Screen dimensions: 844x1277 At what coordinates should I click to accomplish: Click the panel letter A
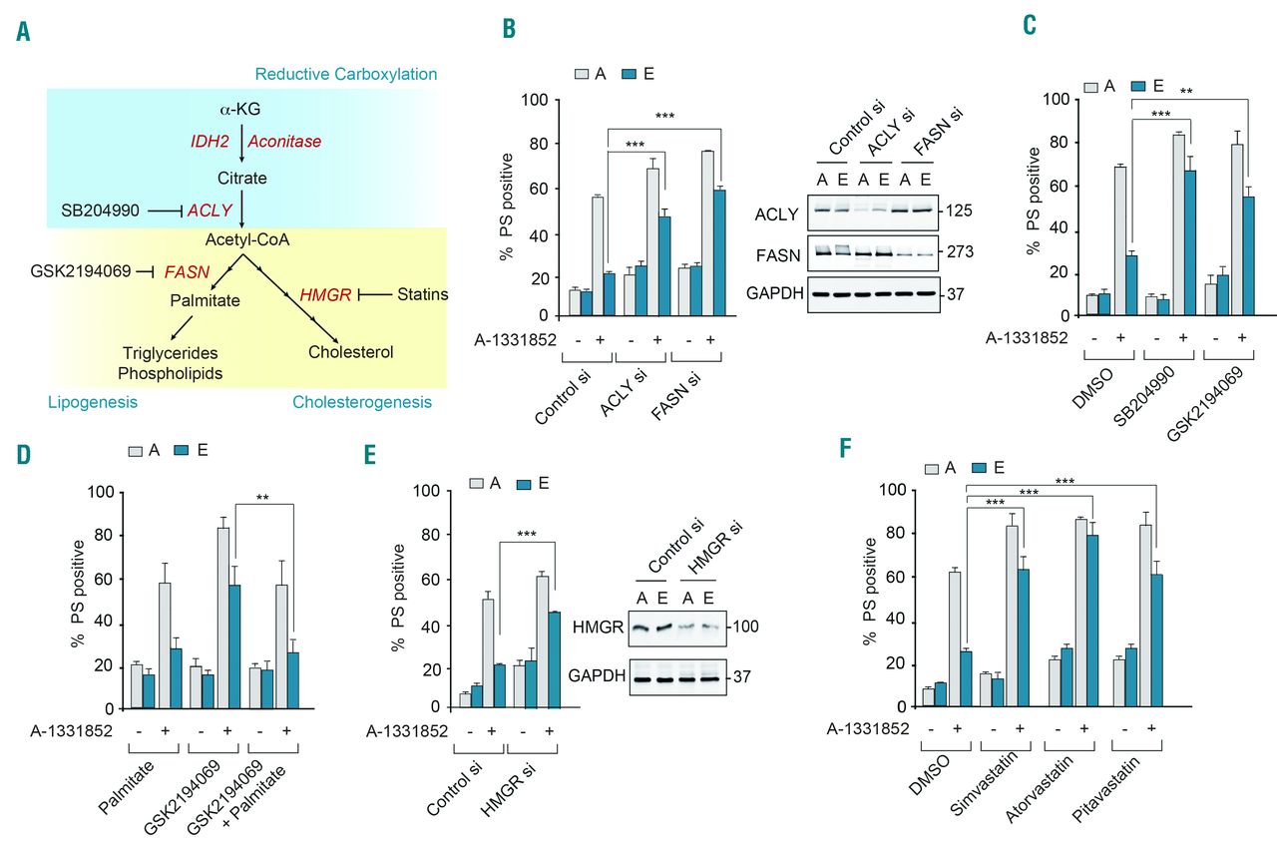click(23, 32)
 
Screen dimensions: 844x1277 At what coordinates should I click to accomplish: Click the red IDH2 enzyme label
click(212, 142)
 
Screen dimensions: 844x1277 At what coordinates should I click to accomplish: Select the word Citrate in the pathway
click(241, 178)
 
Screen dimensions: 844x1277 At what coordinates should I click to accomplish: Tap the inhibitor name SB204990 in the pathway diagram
click(101, 211)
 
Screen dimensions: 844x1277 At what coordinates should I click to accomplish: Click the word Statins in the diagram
click(423, 294)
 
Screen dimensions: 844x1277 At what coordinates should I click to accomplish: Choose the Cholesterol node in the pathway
click(350, 352)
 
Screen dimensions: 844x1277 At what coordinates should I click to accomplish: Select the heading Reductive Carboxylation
click(345, 75)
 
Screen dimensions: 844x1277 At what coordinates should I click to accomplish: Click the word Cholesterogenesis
click(361, 402)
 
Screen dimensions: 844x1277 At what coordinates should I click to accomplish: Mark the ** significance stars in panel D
click(263, 493)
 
